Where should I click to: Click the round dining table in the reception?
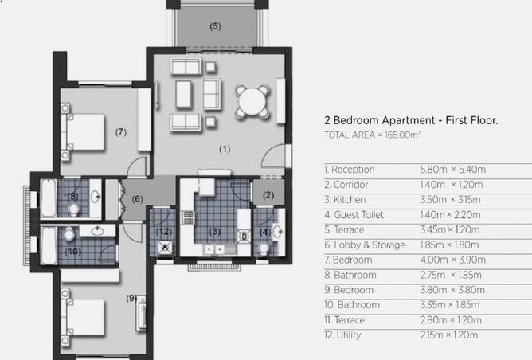point(252,101)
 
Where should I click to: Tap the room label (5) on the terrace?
point(216,26)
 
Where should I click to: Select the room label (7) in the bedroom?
point(121,131)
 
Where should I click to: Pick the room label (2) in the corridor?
point(268,195)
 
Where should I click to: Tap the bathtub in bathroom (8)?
point(49,198)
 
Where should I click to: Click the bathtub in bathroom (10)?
point(49,245)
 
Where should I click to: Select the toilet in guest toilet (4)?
point(264,248)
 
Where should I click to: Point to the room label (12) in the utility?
point(164,232)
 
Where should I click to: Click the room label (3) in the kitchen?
point(215,232)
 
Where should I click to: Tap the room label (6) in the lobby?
point(137,199)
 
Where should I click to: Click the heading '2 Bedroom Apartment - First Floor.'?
point(411,120)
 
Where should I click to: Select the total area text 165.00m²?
point(402,135)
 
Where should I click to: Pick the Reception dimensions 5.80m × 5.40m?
point(453,170)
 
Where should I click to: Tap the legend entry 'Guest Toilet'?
point(358,215)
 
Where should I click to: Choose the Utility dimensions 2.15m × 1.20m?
point(449,335)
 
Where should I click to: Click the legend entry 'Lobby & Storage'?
point(370,245)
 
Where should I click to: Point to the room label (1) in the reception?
point(225,149)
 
